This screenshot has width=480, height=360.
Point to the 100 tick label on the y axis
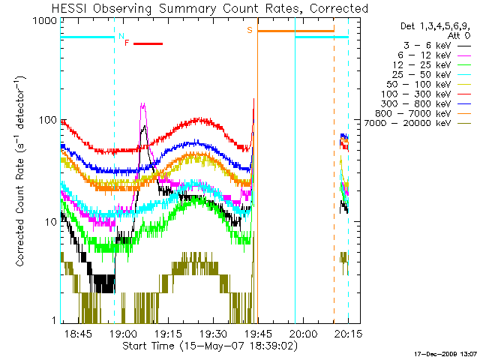pyautogui.click(x=48, y=121)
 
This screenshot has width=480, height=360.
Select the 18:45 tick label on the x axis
pyautogui.click(x=77, y=333)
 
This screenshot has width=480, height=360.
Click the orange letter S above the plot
pyautogui.click(x=250, y=30)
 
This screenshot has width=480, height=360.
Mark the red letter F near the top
pyautogui.click(x=127, y=43)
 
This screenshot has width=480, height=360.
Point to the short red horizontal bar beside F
pyautogui.click(x=148, y=44)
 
